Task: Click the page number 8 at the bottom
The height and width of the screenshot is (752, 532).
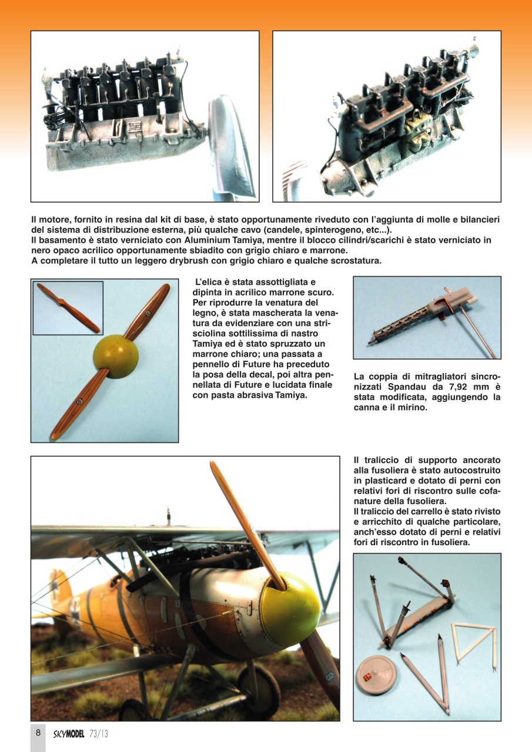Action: point(38,733)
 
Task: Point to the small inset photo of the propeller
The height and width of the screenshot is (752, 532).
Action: point(68,307)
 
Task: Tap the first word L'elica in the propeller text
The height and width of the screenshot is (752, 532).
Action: point(209,283)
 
